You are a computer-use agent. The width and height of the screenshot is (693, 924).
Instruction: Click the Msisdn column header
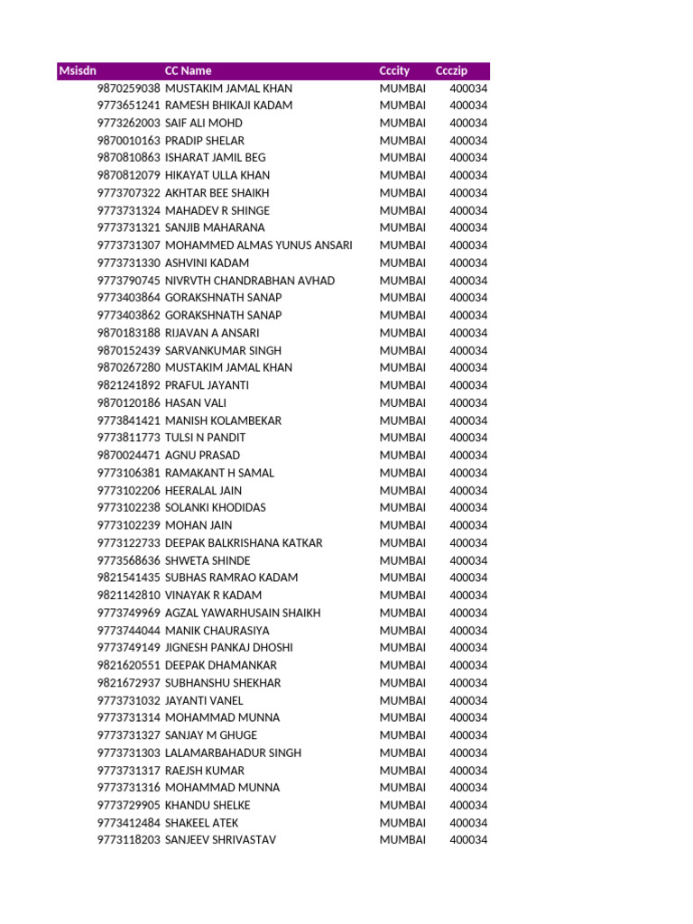coord(78,70)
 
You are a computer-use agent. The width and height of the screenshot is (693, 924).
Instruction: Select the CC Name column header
coord(189,70)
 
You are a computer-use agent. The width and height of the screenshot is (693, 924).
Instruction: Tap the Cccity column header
coord(394,70)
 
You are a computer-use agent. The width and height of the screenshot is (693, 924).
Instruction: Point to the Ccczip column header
coord(451,70)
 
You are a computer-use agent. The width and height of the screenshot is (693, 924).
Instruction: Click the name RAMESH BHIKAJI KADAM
coord(229,106)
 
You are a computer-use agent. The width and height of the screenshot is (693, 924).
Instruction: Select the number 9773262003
coord(129,123)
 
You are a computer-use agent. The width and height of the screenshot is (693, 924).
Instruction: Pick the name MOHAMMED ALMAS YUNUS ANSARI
coord(259,245)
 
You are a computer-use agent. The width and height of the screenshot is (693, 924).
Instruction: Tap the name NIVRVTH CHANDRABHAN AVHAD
coord(250,281)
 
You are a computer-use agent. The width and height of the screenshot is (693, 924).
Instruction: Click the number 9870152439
coord(129,350)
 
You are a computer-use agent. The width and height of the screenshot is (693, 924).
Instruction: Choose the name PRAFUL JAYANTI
coord(208,385)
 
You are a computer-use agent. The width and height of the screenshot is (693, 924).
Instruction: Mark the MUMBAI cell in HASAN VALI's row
coord(402,402)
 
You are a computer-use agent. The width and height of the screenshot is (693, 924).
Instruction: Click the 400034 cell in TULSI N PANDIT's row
coord(468,438)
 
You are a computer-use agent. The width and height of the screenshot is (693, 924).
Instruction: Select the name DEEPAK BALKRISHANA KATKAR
coord(244,543)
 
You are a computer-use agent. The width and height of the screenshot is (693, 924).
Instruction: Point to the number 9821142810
coord(129,596)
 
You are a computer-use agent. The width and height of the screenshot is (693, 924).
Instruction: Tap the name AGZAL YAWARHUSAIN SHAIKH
coord(243,613)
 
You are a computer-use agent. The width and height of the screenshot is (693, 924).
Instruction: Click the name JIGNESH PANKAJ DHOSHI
coord(229,648)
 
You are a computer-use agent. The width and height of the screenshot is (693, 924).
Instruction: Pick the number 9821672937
coord(129,683)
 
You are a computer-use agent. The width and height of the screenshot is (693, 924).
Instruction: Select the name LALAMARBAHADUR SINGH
coord(234,753)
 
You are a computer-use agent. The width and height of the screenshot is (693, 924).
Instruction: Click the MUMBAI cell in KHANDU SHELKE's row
coord(402,805)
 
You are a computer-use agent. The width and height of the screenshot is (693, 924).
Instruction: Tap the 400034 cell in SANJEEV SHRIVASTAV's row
coord(468,840)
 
